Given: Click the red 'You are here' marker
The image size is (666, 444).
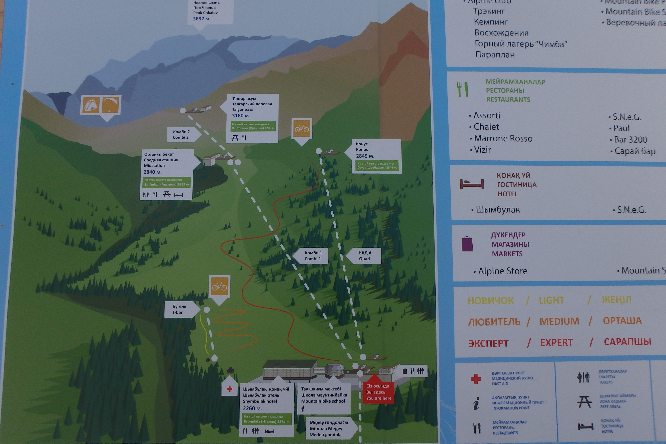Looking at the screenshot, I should [378, 392].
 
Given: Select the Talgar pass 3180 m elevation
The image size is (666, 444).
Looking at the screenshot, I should [241, 115].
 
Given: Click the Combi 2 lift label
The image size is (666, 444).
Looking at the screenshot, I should [181, 135].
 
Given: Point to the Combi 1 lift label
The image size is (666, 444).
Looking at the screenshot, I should [313, 256].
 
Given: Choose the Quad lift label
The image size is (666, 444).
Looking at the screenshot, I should [365, 256].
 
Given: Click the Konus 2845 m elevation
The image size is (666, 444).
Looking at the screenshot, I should [365, 156].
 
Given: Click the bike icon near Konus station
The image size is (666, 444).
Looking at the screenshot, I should [302, 128].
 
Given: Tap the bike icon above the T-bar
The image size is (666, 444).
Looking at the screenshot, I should [219, 287].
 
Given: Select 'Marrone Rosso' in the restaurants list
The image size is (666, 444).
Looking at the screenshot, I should [503, 138].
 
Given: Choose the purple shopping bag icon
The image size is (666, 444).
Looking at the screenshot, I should [467, 244].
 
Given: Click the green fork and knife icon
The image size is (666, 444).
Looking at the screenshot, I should [462, 90].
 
